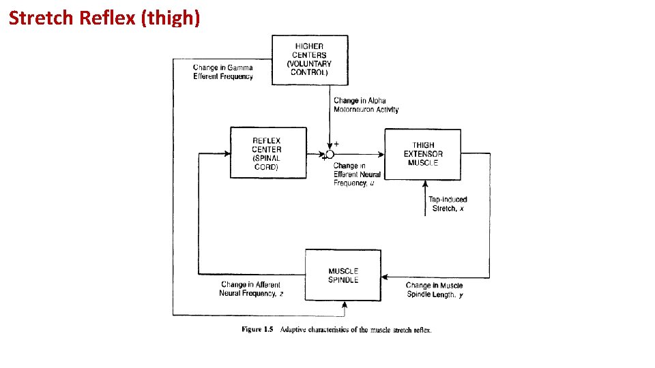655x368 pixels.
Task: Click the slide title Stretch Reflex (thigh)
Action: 104,18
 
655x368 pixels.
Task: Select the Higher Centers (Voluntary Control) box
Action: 310,60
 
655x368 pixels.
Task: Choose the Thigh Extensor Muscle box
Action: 422,154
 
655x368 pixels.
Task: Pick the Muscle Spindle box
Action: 343,275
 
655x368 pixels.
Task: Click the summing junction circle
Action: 330,155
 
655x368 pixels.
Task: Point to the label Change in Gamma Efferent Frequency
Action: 222,72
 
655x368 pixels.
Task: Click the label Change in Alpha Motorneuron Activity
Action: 366,105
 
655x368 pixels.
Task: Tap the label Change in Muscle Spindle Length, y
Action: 435,290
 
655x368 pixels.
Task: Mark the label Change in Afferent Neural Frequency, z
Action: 250,289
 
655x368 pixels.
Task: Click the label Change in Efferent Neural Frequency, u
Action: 357,174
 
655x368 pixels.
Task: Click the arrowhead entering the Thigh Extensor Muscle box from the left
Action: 382,155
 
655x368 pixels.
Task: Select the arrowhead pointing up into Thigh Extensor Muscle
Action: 425,183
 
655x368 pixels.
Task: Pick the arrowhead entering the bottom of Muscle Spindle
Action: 343,304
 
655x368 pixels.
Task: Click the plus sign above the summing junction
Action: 337,144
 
